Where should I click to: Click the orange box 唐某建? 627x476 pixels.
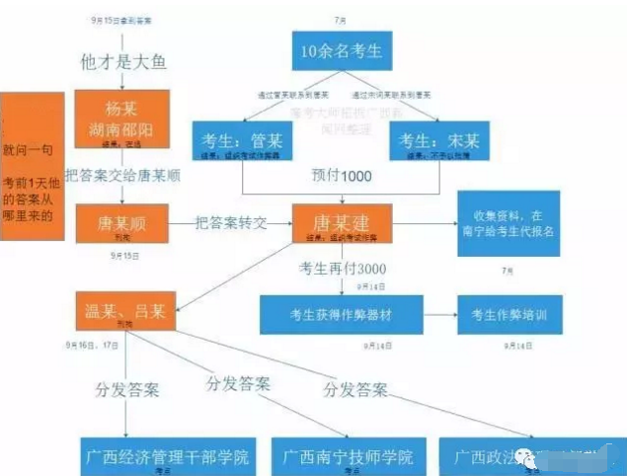coord(342,224)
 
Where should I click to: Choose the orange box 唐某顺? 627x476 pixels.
coord(122,224)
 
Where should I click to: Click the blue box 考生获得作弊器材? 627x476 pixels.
coord(340,314)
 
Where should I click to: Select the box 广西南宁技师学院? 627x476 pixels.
coord(347,458)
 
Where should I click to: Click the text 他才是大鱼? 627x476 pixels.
coord(123,61)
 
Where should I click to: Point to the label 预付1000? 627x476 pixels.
coord(341,176)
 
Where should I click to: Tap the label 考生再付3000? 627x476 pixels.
coord(343,269)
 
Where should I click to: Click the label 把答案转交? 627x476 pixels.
coord(231,223)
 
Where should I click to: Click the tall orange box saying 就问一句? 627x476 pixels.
coord(34,168)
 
